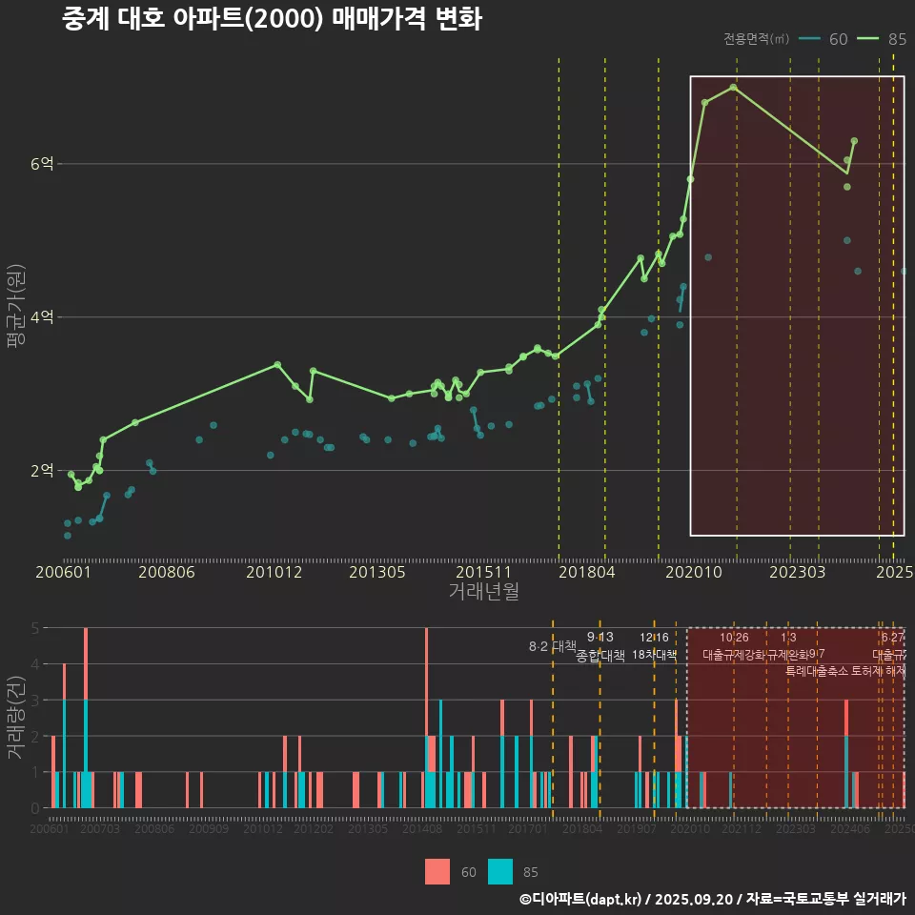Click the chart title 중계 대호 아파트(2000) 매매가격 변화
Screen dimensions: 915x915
click(x=272, y=20)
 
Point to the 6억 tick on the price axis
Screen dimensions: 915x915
click(x=42, y=164)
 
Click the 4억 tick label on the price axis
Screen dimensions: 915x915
click(x=42, y=317)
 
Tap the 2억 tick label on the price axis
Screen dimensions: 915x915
click(x=42, y=471)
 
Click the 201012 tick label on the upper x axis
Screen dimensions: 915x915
click(x=274, y=572)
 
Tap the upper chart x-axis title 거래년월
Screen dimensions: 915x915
click(x=483, y=591)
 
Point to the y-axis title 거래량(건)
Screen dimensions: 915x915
click(x=15, y=718)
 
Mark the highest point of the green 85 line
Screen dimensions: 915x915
click(x=733, y=87)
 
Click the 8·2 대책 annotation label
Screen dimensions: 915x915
click(x=546, y=646)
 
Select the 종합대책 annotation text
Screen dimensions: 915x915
click(x=600, y=656)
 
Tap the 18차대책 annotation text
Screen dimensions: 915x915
click(x=654, y=655)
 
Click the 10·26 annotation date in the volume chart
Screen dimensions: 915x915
click(x=734, y=638)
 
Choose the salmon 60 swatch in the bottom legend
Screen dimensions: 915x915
click(x=437, y=871)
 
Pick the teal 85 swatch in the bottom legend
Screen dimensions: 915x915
click(x=499, y=871)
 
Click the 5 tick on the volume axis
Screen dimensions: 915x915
click(x=34, y=628)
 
